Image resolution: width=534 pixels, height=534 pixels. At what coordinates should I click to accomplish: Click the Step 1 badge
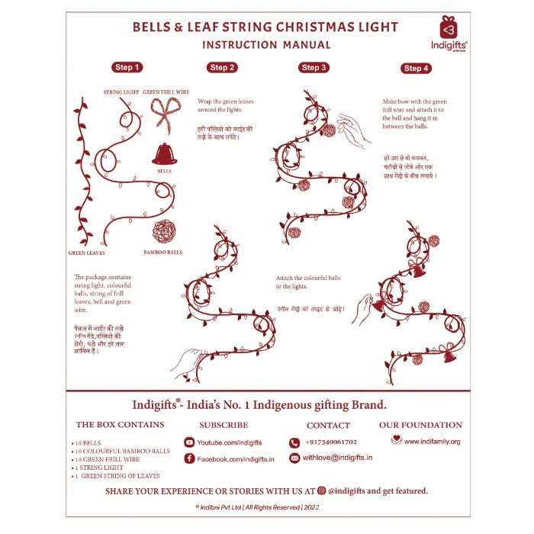click(127, 67)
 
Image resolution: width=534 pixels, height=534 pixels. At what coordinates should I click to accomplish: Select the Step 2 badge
click(221, 68)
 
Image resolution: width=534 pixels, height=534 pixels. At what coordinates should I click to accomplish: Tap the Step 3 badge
click(313, 68)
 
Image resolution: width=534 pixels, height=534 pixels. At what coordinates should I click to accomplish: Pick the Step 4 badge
click(415, 69)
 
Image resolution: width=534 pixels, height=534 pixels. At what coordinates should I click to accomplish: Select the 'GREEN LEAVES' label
click(86, 253)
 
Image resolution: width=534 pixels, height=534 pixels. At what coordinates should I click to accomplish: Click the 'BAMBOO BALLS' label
click(162, 251)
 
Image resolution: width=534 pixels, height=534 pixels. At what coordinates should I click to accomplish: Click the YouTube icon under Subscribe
click(189, 442)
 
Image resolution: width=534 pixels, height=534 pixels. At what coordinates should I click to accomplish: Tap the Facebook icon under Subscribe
click(189, 458)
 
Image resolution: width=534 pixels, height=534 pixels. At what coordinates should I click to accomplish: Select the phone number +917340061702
click(330, 442)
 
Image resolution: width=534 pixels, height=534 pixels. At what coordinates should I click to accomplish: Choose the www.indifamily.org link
click(431, 441)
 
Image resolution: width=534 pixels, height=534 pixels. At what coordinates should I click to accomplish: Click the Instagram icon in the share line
click(322, 491)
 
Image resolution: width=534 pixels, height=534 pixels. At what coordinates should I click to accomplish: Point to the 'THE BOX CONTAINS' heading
click(119, 425)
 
